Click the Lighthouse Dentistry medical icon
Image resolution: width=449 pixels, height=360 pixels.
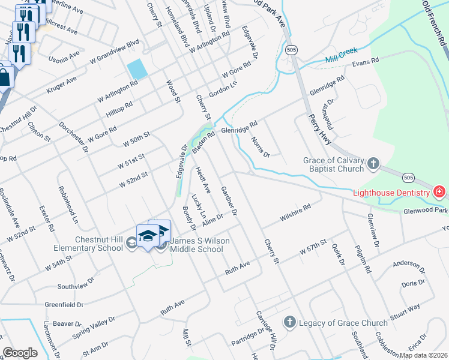[439, 192]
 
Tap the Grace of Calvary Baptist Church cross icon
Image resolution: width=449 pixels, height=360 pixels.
[373, 163]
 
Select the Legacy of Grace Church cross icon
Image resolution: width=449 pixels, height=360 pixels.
[289, 322]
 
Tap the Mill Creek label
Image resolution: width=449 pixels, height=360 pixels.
[340, 61]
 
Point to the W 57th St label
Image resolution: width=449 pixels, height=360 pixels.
[314, 247]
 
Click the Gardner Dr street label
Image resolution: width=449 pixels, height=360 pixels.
[229, 201]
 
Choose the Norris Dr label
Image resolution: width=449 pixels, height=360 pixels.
[261, 146]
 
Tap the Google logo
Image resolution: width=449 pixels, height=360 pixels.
[20, 353]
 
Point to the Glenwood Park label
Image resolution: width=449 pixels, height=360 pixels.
[426, 211]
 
